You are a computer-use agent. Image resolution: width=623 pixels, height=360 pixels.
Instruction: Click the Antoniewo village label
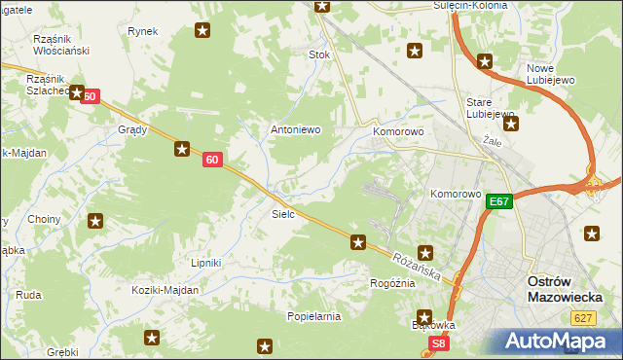pos(295,129)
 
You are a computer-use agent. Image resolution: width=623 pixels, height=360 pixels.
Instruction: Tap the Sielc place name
pos(283,212)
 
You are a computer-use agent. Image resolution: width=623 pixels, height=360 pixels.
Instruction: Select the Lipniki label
pos(206,263)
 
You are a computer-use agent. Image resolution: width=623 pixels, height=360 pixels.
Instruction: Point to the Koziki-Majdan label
pos(166,290)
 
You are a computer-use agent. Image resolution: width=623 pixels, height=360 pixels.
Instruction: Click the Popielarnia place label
pos(313,317)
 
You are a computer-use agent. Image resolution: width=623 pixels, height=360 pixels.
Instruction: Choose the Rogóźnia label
pos(392,283)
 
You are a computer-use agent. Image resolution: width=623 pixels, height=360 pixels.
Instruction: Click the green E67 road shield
pos(499,201)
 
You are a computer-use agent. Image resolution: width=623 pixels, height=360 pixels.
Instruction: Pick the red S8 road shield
pos(439,343)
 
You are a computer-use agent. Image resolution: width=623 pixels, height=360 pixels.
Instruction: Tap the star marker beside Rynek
pos(202,31)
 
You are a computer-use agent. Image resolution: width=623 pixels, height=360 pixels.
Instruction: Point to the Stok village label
pos(319,55)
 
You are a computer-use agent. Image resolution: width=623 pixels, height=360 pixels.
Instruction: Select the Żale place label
pos(493,140)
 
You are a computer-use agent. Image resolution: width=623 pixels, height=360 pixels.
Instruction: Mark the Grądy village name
pos(132,129)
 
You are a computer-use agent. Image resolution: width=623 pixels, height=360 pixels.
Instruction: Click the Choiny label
pos(44,220)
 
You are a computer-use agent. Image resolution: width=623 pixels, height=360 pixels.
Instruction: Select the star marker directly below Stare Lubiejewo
pos(511,124)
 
